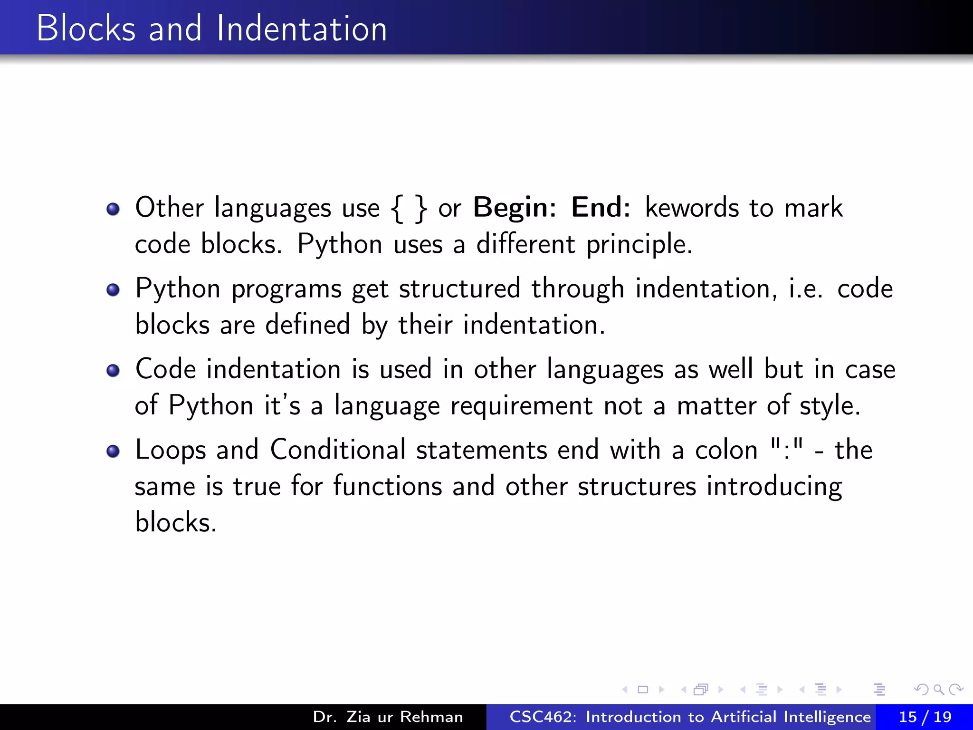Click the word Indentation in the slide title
302,29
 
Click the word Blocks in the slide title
86,29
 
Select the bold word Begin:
515,208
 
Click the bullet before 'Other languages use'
113,209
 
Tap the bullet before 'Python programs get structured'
113,290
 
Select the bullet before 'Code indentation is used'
113,371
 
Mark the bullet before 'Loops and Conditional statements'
113,451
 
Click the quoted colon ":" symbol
786,449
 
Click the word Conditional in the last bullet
338,450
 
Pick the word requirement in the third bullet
521,406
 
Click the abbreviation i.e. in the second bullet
806,289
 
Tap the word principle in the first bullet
639,245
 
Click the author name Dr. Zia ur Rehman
388,717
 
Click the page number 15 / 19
925,717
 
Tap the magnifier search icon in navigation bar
938,689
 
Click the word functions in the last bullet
388,486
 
